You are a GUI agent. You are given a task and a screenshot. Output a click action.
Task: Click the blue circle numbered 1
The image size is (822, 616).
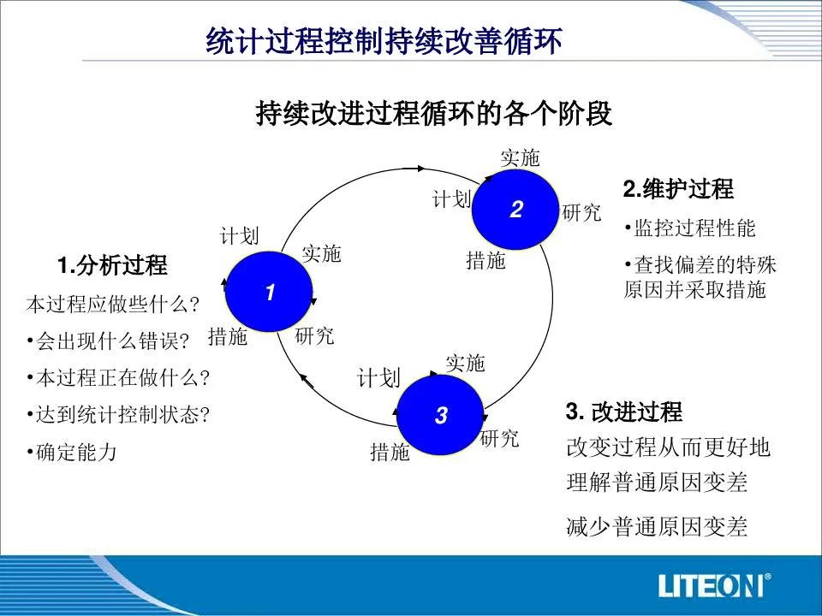pos(269,291)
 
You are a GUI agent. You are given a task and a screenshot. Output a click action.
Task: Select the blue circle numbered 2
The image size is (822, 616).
pos(515,209)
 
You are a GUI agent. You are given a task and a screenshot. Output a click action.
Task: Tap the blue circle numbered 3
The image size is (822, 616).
pos(440,415)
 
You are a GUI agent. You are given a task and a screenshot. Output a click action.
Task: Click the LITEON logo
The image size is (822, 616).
pos(714,585)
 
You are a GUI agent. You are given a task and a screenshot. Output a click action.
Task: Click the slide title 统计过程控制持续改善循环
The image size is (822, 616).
pos(384,41)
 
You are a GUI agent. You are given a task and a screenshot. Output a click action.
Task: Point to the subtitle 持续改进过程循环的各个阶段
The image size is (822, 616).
pos(434,113)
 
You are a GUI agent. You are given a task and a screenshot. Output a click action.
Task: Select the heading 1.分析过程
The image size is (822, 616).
pos(112,265)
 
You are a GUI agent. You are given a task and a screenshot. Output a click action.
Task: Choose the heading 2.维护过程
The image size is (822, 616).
pos(678,188)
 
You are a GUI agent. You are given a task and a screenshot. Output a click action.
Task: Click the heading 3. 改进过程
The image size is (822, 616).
pos(624,412)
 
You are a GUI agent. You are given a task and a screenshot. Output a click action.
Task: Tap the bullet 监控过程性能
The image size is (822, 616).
pos(690,228)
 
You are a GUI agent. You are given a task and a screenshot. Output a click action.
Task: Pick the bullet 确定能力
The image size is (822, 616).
pos(72,452)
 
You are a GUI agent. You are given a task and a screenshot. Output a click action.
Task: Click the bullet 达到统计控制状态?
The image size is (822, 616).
pos(118,415)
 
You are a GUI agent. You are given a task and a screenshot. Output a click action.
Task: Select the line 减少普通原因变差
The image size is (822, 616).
pos(657,526)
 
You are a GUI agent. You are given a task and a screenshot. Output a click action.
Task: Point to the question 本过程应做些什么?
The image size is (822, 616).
pos(113,304)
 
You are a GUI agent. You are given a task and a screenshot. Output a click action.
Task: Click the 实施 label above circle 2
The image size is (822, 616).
pos(520,157)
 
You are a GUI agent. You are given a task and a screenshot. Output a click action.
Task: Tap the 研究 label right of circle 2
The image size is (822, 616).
pos(581,213)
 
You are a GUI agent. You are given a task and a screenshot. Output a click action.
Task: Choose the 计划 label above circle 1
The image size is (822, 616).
pos(239,236)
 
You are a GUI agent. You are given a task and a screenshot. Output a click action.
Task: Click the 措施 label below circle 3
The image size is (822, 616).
pos(390,452)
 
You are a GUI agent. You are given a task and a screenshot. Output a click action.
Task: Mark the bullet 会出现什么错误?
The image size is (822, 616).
pos(108,341)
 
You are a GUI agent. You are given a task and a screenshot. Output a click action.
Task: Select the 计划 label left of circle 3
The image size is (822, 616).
pos(378,377)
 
